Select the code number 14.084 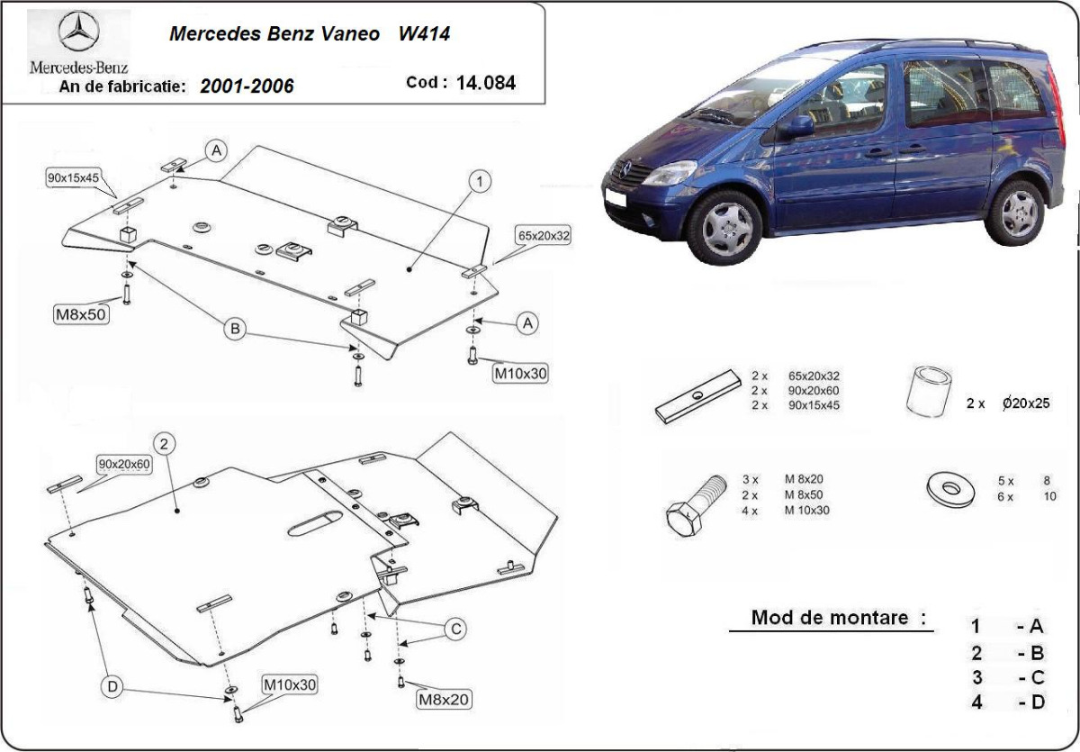(x=486, y=83)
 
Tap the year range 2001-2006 (x=247, y=86)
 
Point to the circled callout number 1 (x=480, y=182)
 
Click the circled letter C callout (x=456, y=628)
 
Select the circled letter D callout (x=112, y=687)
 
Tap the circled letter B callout (x=235, y=330)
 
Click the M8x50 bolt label (x=82, y=313)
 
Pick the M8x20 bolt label (x=443, y=699)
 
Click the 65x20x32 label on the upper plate (x=544, y=236)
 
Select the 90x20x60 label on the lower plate (x=125, y=464)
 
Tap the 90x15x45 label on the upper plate (x=73, y=177)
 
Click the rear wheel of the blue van (x=1018, y=213)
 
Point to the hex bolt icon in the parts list (x=695, y=508)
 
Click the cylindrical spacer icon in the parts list (x=930, y=393)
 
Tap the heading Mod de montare (x=829, y=619)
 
